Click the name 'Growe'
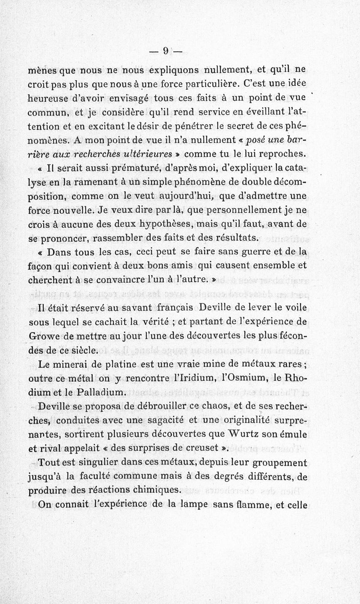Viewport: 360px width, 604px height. click(45, 335)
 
